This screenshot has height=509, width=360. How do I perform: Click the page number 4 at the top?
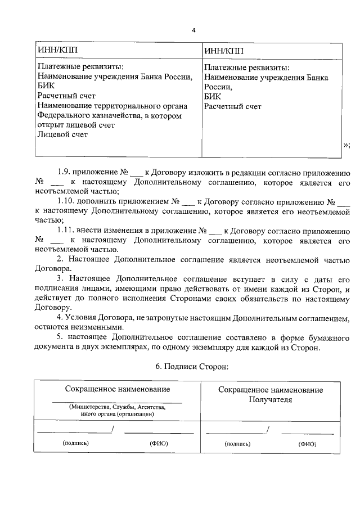click(x=193, y=30)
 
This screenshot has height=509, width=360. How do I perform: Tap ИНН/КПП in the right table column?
click(x=224, y=51)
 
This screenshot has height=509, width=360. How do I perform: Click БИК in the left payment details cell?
click(x=46, y=87)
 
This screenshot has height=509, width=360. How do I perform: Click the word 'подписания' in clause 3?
click(x=60, y=289)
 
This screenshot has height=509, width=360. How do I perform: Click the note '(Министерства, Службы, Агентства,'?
click(x=117, y=407)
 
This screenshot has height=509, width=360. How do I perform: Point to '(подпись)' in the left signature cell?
click(x=75, y=443)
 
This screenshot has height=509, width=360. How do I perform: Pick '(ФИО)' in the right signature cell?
click(x=307, y=443)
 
